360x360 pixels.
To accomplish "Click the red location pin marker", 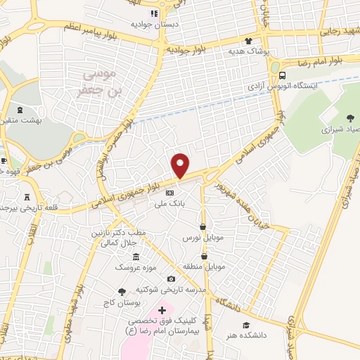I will click(x=181, y=165).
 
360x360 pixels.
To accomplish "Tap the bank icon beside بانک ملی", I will click(x=169, y=192).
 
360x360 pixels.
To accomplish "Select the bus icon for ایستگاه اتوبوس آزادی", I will click(x=282, y=75).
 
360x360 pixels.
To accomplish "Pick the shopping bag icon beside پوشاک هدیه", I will click(x=247, y=41).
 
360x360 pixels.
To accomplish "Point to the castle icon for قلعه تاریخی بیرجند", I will click(x=27, y=198).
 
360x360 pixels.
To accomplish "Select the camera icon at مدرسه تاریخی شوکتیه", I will click(x=171, y=279).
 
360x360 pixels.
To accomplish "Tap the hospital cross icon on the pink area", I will click(x=162, y=310).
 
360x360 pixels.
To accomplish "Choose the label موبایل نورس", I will click(x=202, y=238).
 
